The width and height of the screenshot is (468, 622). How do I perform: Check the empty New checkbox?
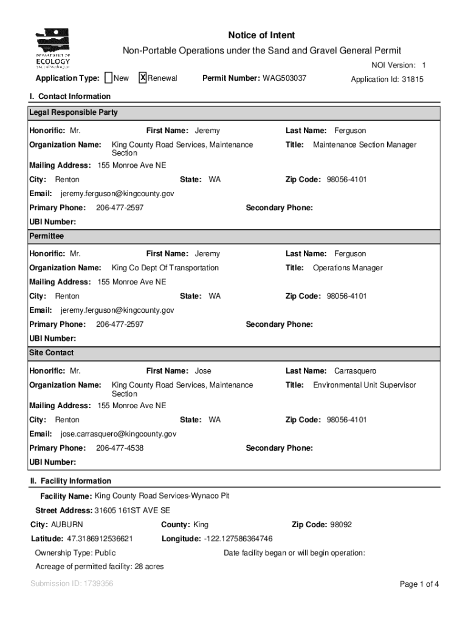coord(108,78)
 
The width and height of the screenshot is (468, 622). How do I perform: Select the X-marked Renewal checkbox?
coord(143,78)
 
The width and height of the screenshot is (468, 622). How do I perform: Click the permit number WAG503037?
coord(284,78)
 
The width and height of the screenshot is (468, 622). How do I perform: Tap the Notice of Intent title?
coord(261,36)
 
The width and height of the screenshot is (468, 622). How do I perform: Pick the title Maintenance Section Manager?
coord(365,145)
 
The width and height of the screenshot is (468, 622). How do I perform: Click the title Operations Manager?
coord(348,268)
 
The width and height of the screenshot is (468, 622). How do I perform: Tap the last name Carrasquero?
coord(355,371)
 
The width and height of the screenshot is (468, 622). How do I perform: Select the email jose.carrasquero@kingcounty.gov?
coord(119,434)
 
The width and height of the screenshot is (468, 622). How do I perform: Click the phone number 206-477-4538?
coord(120,448)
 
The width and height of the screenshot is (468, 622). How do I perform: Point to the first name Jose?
coord(203,371)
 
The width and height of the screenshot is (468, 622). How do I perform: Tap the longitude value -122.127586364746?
coord(233,539)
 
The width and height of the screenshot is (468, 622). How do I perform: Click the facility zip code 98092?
coord(341,525)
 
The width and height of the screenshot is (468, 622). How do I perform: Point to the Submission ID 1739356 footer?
coord(72,584)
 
